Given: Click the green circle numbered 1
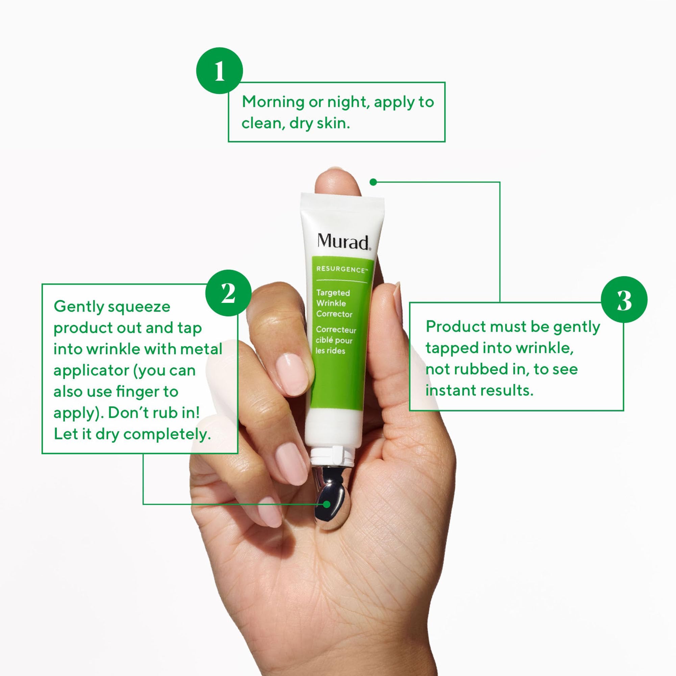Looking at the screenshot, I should click(219, 71).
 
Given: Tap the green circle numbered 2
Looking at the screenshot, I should click(228, 293).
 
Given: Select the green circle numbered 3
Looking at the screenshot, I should click(624, 299).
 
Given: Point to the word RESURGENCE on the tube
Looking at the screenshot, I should click(340, 269).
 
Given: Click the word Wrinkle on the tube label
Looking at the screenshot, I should click(331, 304).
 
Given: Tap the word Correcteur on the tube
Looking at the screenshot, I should click(336, 330).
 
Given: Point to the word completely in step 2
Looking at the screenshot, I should click(167, 435).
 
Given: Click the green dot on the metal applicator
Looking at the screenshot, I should click(327, 504).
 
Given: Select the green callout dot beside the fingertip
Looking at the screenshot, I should click(373, 182).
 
